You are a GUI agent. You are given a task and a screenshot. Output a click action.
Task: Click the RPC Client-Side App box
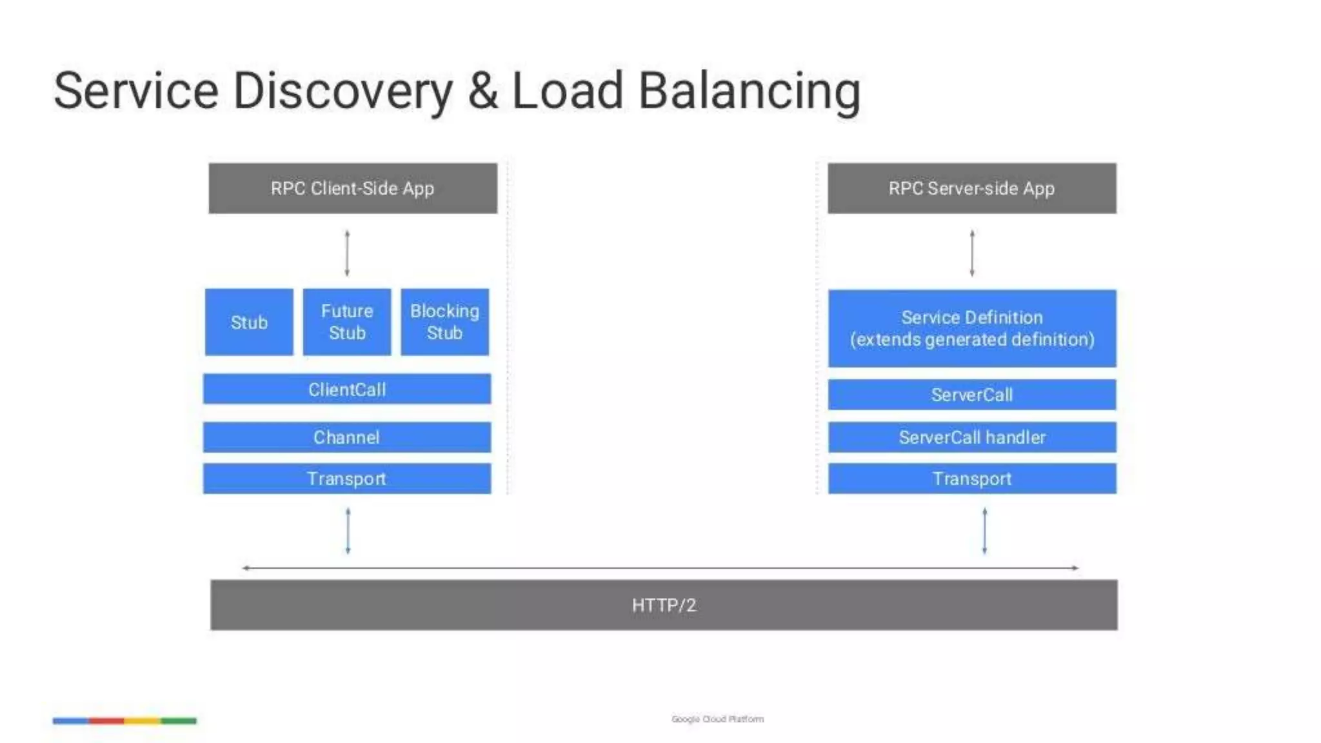352,188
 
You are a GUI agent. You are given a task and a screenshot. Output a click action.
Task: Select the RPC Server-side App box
971,188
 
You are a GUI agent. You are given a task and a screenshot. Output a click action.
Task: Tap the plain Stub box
249,322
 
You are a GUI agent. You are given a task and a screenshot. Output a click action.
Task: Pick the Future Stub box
347,322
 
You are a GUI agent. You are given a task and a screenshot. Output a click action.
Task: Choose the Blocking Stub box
444,322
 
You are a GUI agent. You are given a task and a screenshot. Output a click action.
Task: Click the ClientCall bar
346,389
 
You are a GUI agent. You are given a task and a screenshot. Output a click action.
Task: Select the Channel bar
346,437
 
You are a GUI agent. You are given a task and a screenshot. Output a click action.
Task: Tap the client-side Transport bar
346,479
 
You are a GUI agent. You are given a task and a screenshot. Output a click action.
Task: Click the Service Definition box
971,328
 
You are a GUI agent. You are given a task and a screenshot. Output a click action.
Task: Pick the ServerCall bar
971,395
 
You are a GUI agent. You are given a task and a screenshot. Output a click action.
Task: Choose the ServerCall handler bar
971,437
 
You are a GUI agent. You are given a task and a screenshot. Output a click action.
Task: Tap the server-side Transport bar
971,479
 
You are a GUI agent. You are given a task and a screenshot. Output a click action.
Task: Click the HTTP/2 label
664,605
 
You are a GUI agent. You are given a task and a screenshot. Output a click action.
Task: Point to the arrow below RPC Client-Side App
347,253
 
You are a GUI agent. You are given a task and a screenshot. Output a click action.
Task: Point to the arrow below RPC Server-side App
972,253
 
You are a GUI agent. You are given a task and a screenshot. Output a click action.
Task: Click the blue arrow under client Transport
348,531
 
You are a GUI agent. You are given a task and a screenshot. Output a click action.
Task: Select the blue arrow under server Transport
984,531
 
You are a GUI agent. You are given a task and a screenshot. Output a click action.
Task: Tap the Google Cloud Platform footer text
717,718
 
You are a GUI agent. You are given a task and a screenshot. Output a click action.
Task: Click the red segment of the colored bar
106,720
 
